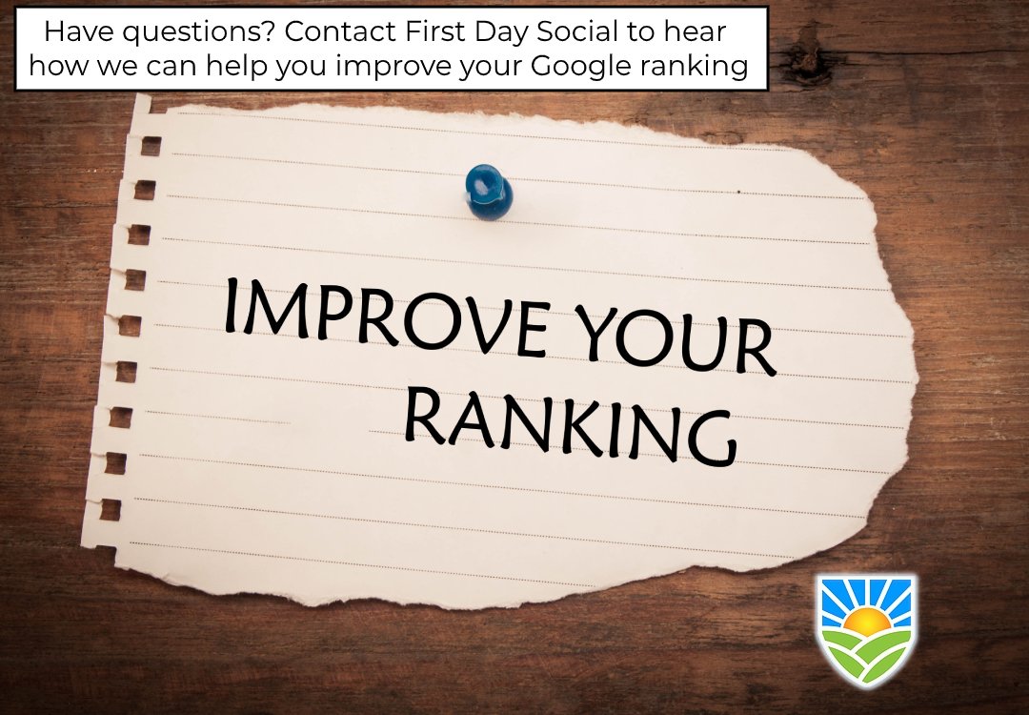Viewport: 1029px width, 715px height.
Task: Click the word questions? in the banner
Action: coord(193,32)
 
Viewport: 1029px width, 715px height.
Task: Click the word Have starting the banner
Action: coord(76,32)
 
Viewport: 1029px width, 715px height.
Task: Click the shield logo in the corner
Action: coord(866,629)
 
